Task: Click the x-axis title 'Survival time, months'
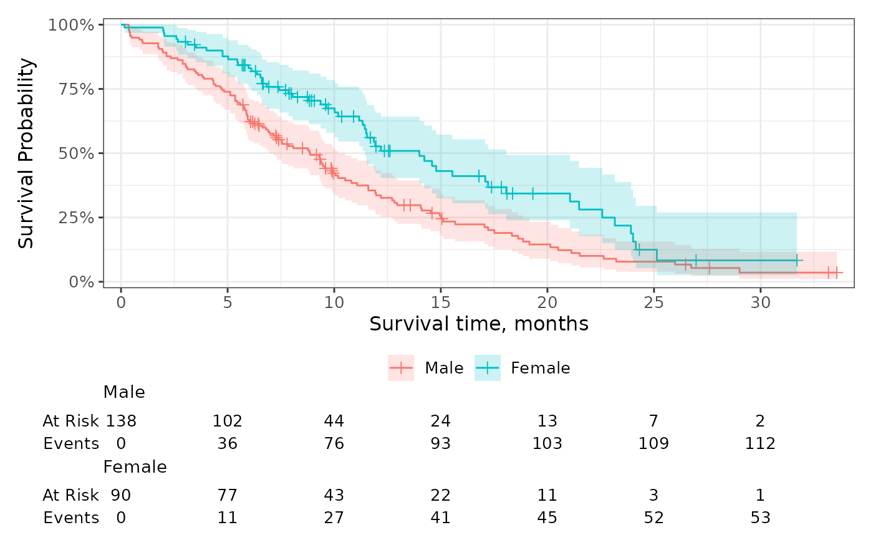(x=479, y=324)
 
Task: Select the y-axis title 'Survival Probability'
(x=26, y=153)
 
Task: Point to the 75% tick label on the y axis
(x=76, y=89)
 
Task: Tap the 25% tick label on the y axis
(x=76, y=218)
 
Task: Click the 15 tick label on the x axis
(x=440, y=302)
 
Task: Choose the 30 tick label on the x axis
(x=760, y=302)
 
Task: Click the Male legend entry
(x=425, y=368)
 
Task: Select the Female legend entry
(x=523, y=368)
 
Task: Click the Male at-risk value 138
(x=121, y=421)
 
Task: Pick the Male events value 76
(x=334, y=443)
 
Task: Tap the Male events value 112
(x=760, y=443)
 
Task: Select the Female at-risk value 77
(x=227, y=495)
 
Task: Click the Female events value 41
(x=440, y=518)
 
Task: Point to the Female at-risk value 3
(x=654, y=495)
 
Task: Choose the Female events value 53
(x=760, y=518)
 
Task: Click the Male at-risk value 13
(x=547, y=421)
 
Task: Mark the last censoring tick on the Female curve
(x=797, y=260)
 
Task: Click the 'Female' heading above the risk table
(x=135, y=467)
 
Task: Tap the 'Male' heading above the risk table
(x=124, y=392)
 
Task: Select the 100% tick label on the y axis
(x=71, y=26)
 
